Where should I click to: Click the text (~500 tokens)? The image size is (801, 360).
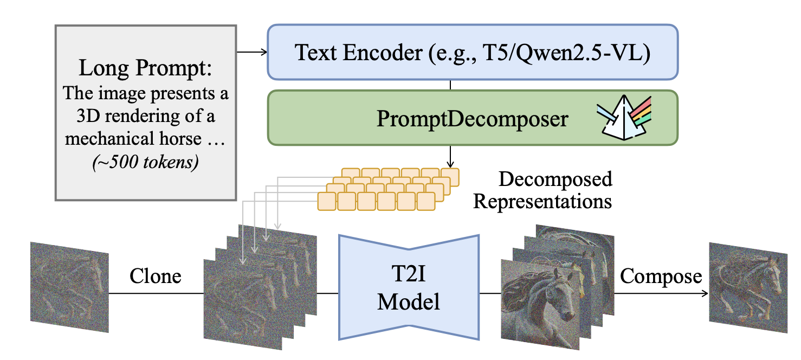[x=146, y=163]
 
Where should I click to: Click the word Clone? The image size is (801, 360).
[x=155, y=277]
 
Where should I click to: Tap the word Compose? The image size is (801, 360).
[x=661, y=277]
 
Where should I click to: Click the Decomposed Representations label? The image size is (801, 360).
[x=542, y=190]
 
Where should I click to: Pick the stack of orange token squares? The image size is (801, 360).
[x=388, y=189]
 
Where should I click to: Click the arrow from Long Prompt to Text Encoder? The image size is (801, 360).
[x=253, y=52]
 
